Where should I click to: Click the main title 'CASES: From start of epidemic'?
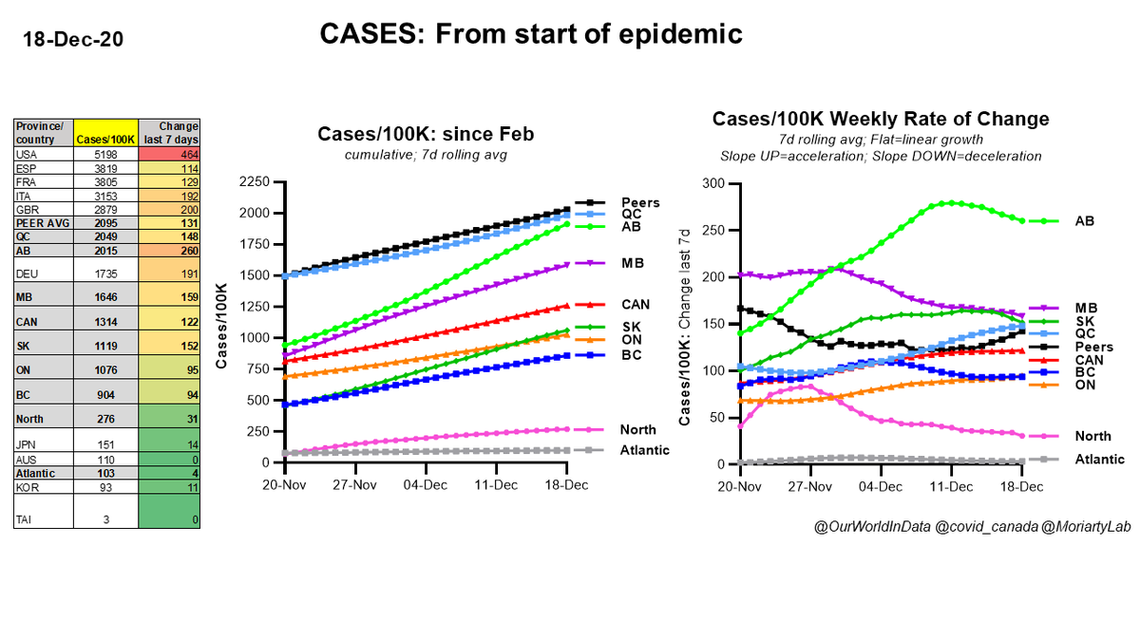(531, 34)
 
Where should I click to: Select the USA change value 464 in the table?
(172, 153)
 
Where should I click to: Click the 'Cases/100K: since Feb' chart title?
(425, 135)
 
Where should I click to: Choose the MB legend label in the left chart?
(631, 263)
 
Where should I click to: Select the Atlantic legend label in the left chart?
(646, 449)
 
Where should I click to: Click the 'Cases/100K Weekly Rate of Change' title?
(881, 119)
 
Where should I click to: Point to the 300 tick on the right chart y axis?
(715, 183)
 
